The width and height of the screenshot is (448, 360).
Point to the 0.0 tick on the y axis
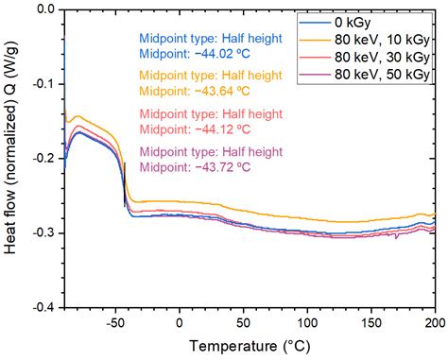[x=43, y=10]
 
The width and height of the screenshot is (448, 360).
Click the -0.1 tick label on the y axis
[x=40, y=84]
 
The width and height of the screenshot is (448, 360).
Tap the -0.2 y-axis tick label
[x=40, y=159]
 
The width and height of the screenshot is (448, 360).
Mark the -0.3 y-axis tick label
[x=40, y=233]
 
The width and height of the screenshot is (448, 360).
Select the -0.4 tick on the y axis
[x=40, y=308]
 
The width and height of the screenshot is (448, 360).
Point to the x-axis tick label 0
[x=180, y=321]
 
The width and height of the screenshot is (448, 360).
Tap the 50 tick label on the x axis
[x=243, y=321]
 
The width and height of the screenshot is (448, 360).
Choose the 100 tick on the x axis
[x=307, y=321]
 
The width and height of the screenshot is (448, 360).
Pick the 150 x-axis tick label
[x=370, y=321]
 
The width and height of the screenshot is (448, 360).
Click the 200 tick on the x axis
[x=433, y=321]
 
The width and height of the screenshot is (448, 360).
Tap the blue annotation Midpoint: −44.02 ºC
[x=195, y=56]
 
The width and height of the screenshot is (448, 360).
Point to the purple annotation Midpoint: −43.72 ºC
[x=195, y=166]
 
